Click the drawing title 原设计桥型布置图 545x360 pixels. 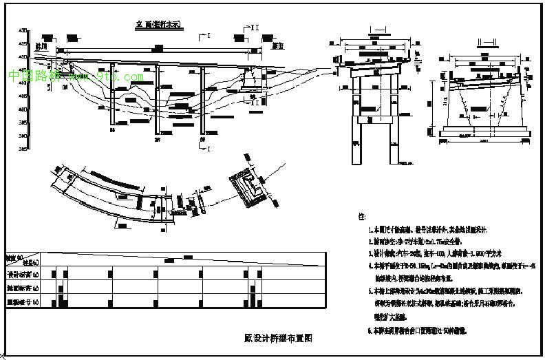(x=279, y=338)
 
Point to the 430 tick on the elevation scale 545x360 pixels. (x=23, y=31)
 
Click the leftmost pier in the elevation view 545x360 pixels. (x=113, y=96)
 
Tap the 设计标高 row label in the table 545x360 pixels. (x=23, y=274)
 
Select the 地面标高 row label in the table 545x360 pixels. (x=23, y=288)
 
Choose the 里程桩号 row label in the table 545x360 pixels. (x=23, y=301)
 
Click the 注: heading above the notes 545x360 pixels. (x=363, y=216)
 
